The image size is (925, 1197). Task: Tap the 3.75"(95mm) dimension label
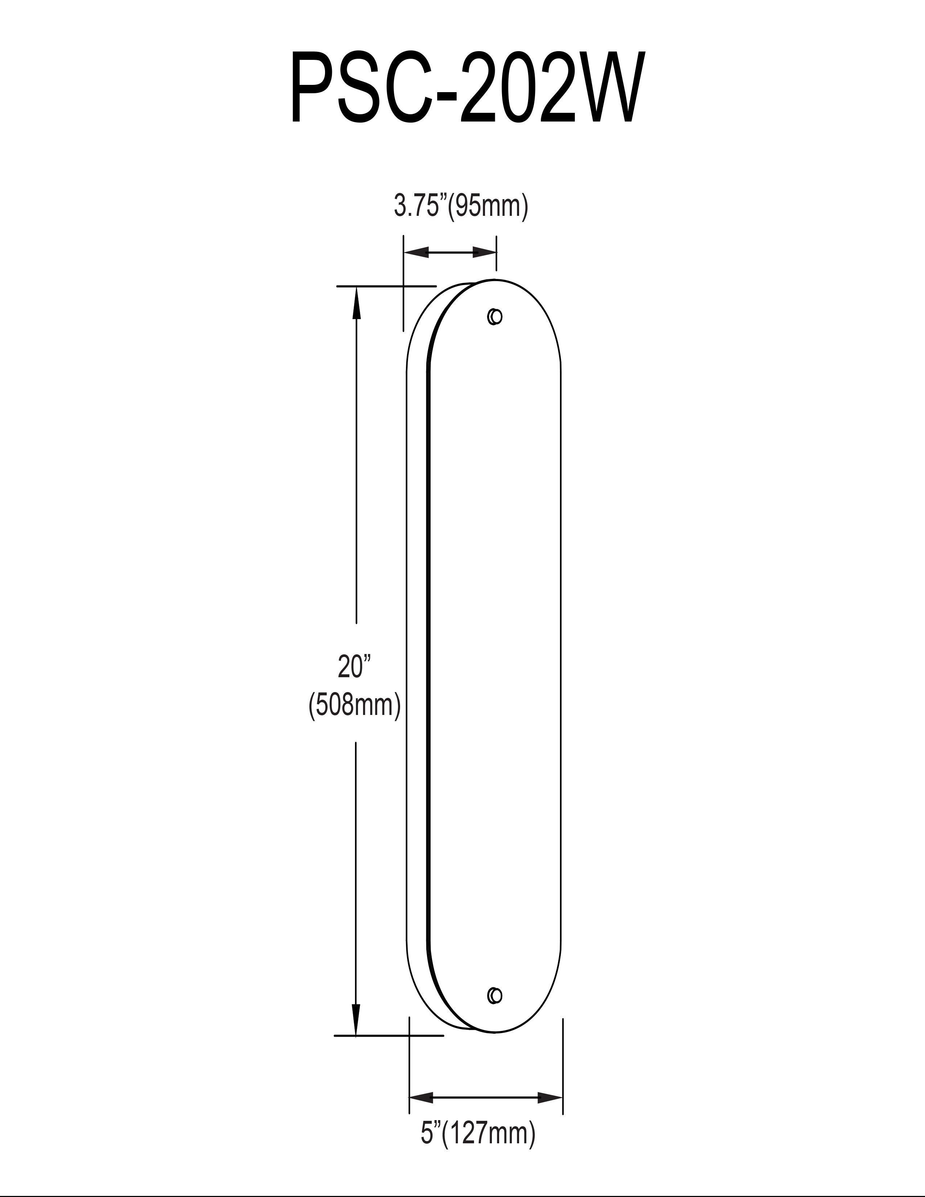tap(461, 207)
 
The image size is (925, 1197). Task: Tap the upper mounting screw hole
tap(495, 317)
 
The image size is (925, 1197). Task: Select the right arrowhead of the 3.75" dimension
tap(484, 252)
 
